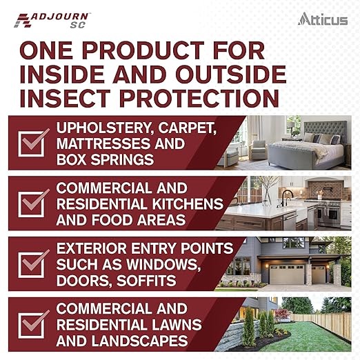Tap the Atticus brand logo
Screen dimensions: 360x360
tap(323, 19)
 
